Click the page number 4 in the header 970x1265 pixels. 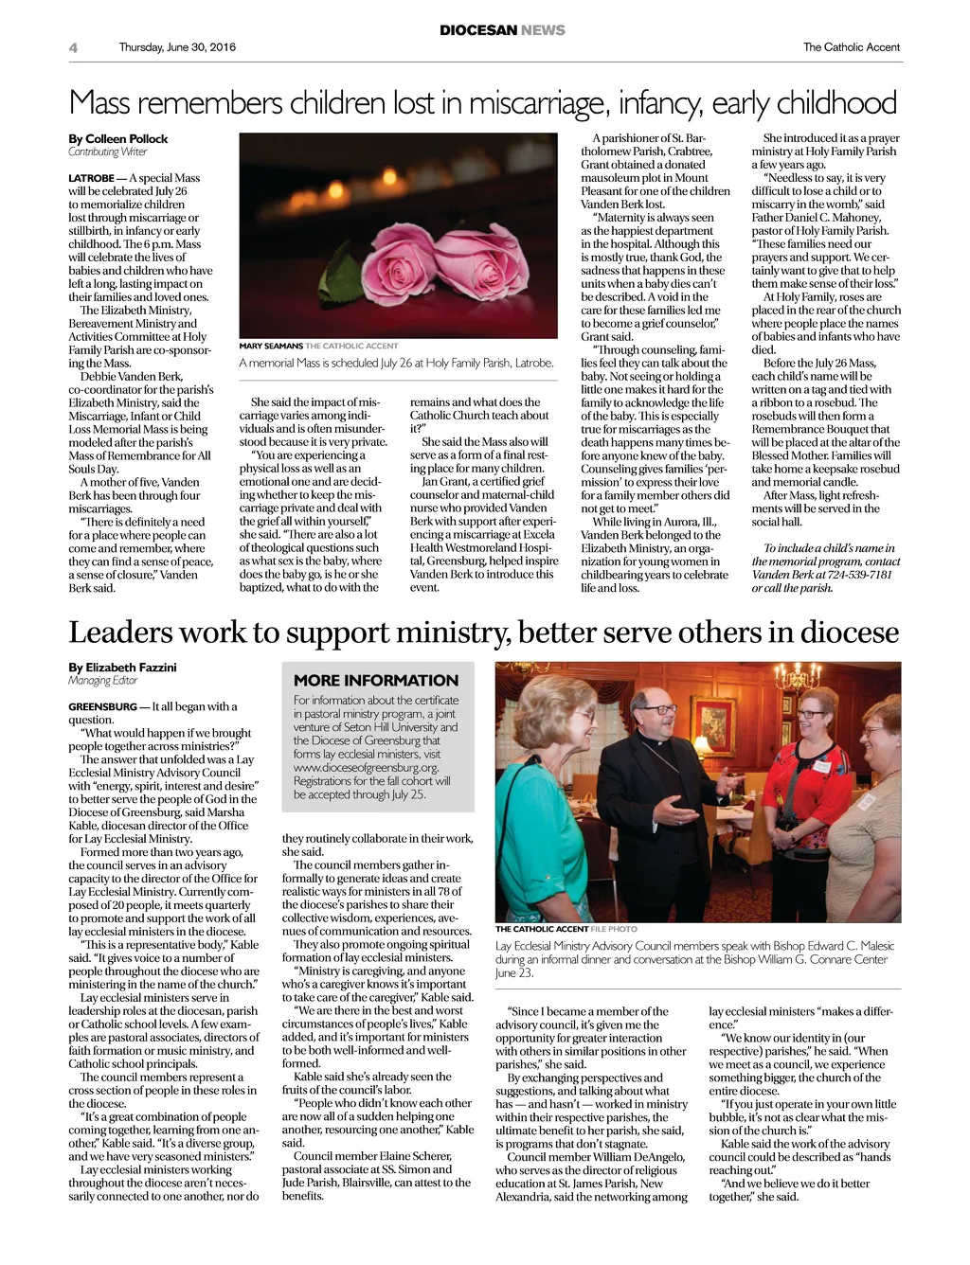click(x=73, y=47)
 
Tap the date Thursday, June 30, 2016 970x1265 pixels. click(x=177, y=47)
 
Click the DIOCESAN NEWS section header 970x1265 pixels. click(x=502, y=30)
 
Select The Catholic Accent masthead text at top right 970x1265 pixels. click(x=851, y=47)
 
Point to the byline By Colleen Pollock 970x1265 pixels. click(x=117, y=138)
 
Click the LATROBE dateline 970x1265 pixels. click(x=91, y=178)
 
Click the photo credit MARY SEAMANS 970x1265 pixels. click(x=271, y=346)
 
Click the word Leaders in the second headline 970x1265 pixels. click(x=120, y=632)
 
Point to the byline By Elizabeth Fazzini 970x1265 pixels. click(x=122, y=668)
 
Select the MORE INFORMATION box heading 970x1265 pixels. click(x=375, y=680)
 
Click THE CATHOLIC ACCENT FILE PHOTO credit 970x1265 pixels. click(x=566, y=929)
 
